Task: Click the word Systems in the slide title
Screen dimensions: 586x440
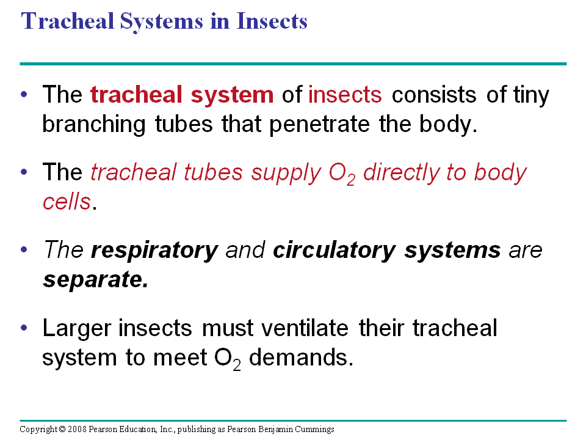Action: click(161, 22)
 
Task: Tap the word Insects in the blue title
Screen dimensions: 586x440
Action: click(272, 21)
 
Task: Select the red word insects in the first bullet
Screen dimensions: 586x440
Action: click(345, 94)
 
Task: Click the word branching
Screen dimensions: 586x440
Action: click(94, 125)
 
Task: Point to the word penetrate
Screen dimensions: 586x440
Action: click(319, 125)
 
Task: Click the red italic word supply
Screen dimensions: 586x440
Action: click(286, 174)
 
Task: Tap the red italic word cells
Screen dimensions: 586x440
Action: click(67, 202)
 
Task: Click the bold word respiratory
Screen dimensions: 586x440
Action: click(154, 251)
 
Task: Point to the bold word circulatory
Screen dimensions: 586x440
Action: click(334, 251)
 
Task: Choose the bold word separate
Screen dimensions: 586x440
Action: click(96, 280)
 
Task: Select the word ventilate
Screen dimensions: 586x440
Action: click(305, 328)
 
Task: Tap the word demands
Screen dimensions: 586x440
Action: click(301, 358)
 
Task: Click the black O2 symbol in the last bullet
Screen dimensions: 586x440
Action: click(227, 359)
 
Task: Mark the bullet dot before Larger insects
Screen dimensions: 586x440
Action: click(24, 328)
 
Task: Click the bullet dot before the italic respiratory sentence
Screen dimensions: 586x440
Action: click(24, 249)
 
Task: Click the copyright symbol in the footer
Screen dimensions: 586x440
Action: click(62, 429)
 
